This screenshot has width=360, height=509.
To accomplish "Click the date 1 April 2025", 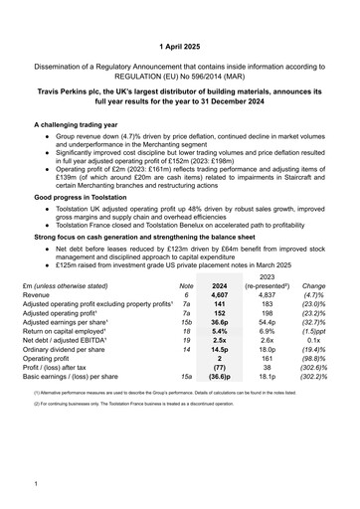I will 180,47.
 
